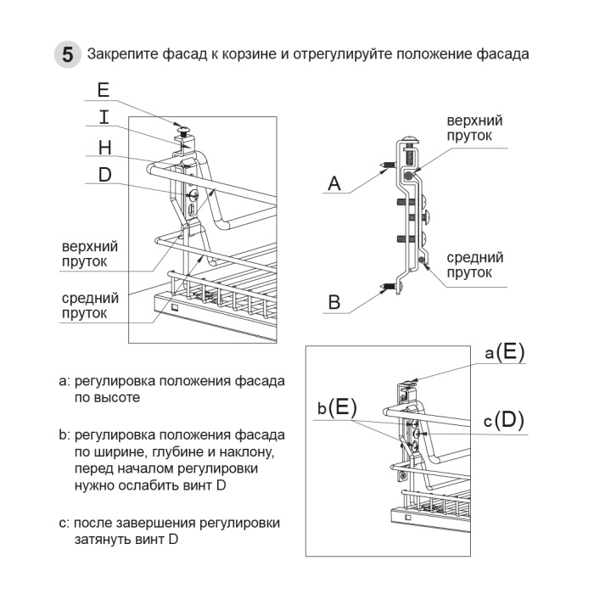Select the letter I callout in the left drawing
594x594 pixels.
coord(103,118)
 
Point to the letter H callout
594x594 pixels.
coord(104,148)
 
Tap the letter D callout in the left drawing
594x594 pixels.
coord(104,175)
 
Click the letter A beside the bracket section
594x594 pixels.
coord(334,182)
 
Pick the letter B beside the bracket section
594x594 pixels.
coord(334,302)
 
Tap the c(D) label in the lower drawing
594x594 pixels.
coord(505,419)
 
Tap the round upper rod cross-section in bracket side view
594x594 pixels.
coord(411,175)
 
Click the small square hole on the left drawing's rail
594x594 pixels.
coord(173,306)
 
